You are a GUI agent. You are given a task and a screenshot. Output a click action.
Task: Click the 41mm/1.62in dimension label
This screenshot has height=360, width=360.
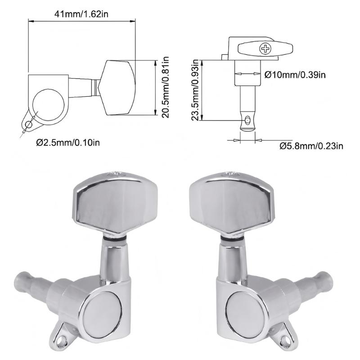81,14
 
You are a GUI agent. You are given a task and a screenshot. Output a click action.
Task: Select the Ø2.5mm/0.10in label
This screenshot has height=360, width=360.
68,143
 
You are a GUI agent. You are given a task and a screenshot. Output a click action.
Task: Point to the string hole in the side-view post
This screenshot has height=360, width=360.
247,120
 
